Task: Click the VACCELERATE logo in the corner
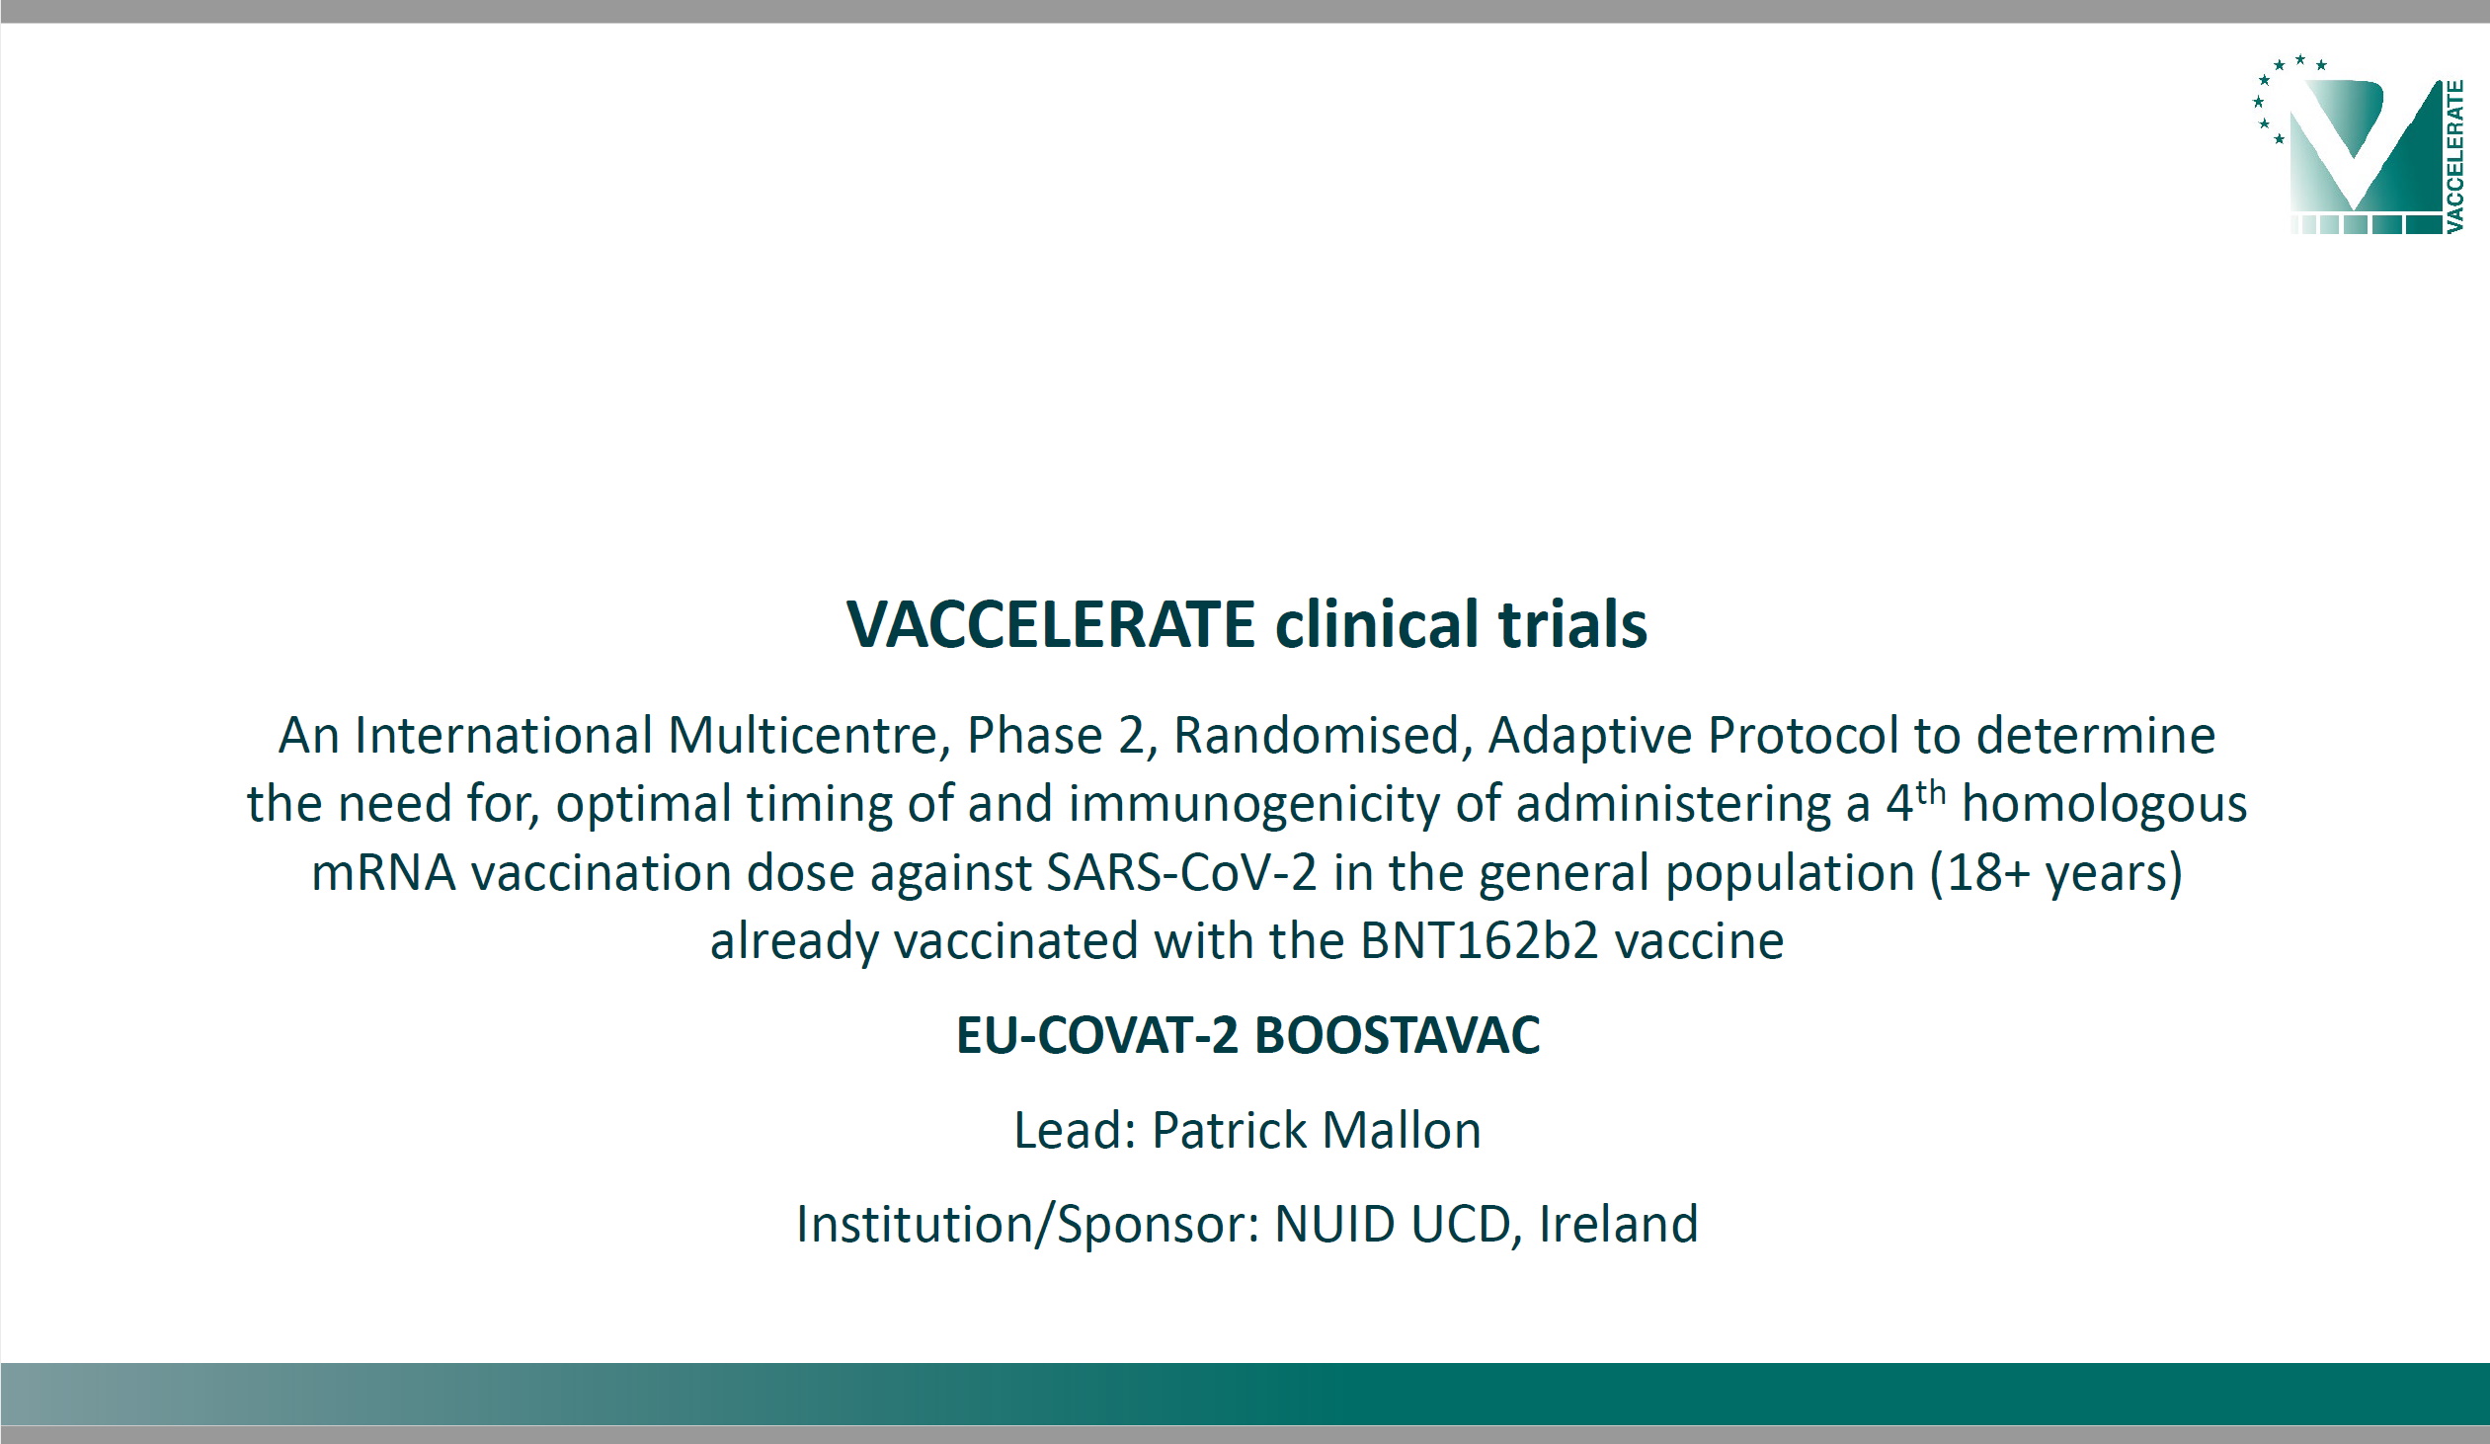pyautogui.click(x=2358, y=144)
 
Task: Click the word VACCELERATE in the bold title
pyautogui.click(x=1051, y=624)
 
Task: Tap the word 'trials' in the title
pyautogui.click(x=1572, y=624)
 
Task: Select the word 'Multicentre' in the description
pyautogui.click(x=802, y=736)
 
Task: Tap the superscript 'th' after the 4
pyautogui.click(x=1931, y=794)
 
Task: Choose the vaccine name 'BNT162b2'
pyautogui.click(x=1480, y=941)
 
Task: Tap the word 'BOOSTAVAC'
pyautogui.click(x=1398, y=1036)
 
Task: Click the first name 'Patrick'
pyautogui.click(x=1227, y=1131)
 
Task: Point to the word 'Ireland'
pyautogui.click(x=1619, y=1224)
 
